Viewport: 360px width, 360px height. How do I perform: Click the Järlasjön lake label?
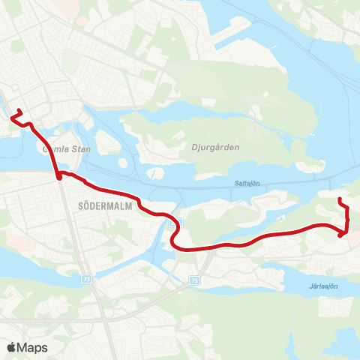(322, 286)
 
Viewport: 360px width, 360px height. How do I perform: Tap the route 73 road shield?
(86, 277)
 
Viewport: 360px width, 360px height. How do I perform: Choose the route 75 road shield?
(196, 280)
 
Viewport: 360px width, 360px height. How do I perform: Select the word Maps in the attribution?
(32, 347)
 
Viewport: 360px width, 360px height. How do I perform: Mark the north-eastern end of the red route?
(340, 199)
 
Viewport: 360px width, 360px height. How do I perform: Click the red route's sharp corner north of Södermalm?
(58, 177)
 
